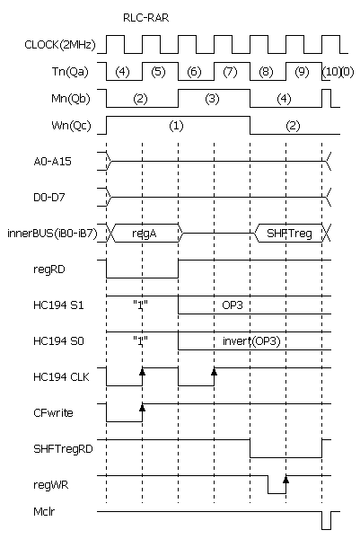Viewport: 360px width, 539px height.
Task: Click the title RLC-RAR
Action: coord(146,18)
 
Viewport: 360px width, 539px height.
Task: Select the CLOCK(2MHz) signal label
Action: coord(60,45)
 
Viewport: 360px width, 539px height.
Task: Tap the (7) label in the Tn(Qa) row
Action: coord(230,72)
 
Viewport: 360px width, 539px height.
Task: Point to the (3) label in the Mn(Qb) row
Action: coord(212,99)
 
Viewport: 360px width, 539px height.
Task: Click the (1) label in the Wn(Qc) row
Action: coord(176,126)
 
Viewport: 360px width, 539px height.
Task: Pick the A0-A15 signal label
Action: coord(53,162)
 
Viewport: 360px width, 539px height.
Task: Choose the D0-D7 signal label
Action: coord(49,198)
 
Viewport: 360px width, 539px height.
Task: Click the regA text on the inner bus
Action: coord(145,234)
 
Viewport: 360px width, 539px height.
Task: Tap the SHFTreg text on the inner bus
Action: coord(290,234)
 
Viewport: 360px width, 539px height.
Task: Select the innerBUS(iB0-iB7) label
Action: coord(53,234)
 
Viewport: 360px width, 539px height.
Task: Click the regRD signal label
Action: coord(49,269)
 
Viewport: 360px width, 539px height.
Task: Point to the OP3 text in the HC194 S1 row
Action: coord(233,305)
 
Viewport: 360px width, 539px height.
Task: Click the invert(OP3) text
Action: coord(251,341)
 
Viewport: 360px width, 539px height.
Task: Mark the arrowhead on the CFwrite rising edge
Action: coord(142,407)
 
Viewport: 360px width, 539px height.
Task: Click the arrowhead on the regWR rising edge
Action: coord(285,480)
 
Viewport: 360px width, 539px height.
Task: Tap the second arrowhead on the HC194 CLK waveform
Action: coord(214,372)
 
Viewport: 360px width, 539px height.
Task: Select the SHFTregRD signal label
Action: coord(63,449)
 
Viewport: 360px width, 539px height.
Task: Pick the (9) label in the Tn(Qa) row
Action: coord(302,72)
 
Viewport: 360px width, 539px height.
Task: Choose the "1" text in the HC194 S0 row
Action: coord(140,340)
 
